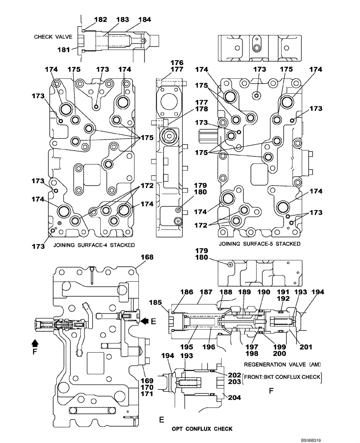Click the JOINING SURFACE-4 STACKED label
coord(94,245)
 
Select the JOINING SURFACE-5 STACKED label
coord(259,244)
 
